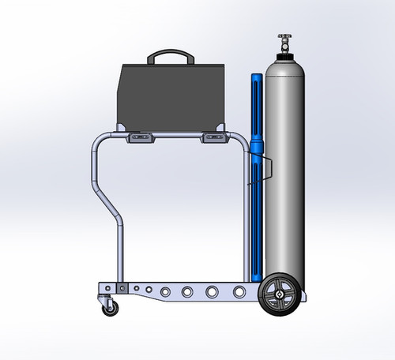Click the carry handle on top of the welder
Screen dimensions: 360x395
[x=172, y=54]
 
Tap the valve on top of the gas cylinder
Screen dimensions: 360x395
[x=284, y=40]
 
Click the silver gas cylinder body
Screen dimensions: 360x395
[x=284, y=174]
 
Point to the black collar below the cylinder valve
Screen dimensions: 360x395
[x=284, y=56]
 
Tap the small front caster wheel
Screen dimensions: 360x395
[x=110, y=307]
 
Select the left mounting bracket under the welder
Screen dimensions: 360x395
[x=141, y=139]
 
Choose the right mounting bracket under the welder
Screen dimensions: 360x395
[x=214, y=139]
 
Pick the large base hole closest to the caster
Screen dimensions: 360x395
[x=165, y=292]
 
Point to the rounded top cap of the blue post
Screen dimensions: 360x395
[x=256, y=77]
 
